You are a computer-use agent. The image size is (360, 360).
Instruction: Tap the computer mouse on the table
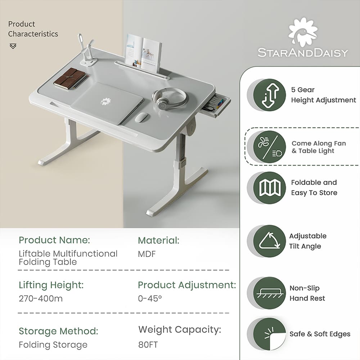point(141,117)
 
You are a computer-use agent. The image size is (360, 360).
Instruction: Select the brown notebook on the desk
point(71,78)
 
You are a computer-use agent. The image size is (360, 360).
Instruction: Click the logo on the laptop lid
point(105,102)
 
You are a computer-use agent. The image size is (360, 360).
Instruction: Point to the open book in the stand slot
point(143,52)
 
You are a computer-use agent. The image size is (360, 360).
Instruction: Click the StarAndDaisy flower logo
point(303,32)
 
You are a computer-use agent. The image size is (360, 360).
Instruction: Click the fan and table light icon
point(270,147)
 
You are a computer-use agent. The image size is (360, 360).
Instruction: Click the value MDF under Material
point(147,254)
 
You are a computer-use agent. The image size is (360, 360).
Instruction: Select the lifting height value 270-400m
point(41,298)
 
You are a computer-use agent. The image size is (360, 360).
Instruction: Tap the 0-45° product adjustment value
point(150,298)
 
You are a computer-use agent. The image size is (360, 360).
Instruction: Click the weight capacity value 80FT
point(148,345)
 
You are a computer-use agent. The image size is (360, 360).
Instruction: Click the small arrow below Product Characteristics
point(13,46)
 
